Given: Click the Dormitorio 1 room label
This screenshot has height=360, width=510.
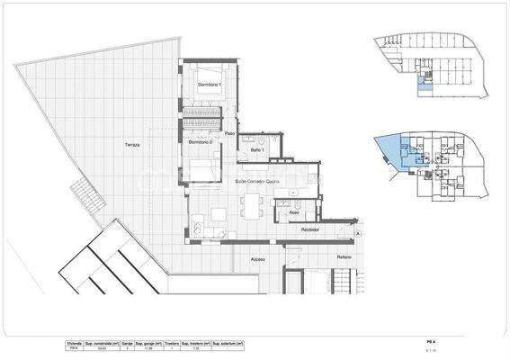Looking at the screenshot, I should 209,84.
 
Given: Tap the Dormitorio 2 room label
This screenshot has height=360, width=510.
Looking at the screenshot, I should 200,142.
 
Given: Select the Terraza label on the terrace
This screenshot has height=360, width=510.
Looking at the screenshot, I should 133,145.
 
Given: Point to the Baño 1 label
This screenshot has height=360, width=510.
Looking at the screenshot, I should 257,149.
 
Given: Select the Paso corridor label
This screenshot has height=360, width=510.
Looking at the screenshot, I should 230,134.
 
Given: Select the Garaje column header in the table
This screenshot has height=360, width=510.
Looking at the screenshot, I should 128,344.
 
